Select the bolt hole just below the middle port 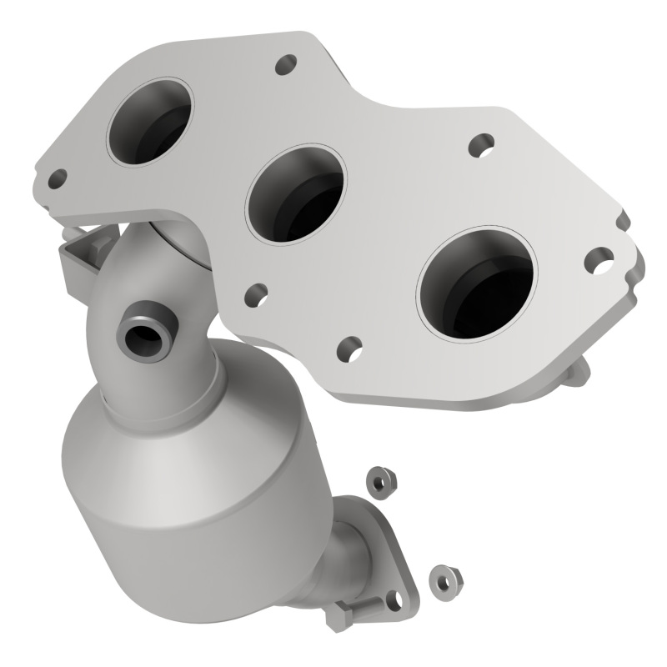click(x=257, y=293)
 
